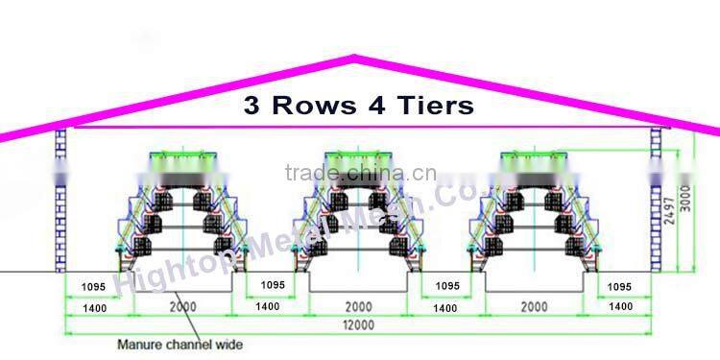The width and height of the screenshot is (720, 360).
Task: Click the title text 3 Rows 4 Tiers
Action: (359, 105)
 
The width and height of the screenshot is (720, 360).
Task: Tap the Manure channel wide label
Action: (180, 344)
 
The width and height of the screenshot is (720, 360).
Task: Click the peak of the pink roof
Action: (356, 60)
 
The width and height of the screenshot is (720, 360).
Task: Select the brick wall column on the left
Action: (61, 202)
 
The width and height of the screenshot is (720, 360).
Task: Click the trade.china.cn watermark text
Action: (360, 174)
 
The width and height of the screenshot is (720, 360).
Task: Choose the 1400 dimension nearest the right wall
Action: (621, 306)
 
